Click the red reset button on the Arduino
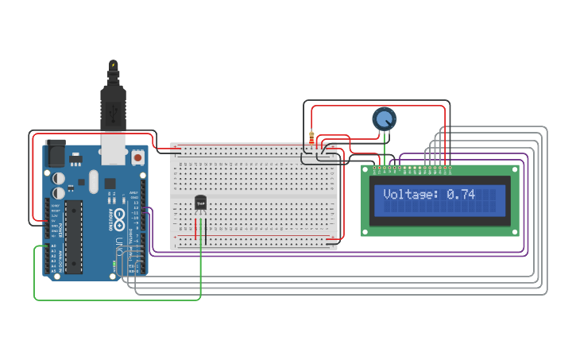point(138,158)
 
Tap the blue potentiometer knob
point(385,119)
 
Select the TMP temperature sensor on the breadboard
point(200,203)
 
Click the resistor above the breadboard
point(311,137)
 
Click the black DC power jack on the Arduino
point(56,153)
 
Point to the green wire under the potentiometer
point(385,147)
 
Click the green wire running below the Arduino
point(119,300)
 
